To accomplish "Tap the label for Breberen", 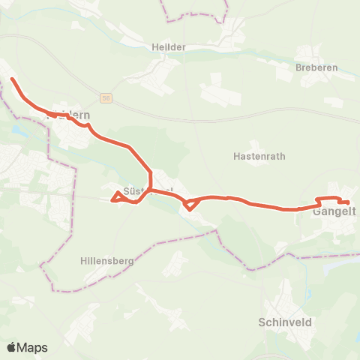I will [x=316, y=67].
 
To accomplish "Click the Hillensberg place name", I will [x=106, y=261].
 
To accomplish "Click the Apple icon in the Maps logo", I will [x=12, y=347].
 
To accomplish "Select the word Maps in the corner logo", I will [x=33, y=348].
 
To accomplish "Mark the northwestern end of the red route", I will [x=11, y=78].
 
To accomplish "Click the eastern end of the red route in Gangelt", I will [x=349, y=202].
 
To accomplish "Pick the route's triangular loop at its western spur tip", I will [x=116, y=197].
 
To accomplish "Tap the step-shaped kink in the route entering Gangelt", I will [x=319, y=200].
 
